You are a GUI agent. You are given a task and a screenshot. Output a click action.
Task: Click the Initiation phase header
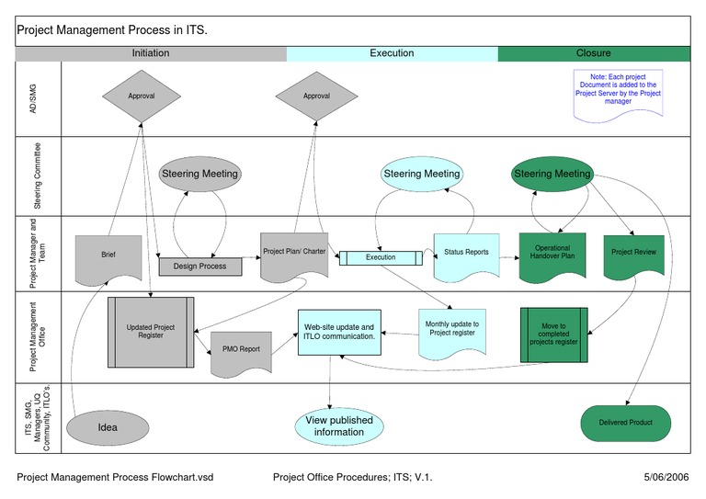(151, 53)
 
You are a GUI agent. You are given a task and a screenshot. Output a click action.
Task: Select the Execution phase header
(392, 53)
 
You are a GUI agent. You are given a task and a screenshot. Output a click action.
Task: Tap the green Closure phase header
(593, 53)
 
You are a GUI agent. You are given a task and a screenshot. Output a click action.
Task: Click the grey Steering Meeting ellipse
(199, 174)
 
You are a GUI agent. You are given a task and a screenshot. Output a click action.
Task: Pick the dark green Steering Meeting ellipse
(552, 174)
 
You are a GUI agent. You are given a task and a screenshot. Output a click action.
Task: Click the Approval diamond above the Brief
(142, 96)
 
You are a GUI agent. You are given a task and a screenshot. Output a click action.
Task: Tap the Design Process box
(199, 267)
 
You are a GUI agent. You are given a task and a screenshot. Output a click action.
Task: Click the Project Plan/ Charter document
(294, 255)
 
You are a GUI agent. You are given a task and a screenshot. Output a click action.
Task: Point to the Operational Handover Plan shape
(552, 254)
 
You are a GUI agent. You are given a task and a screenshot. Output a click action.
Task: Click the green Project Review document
(634, 254)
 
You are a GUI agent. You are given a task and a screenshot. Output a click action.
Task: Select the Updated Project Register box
(151, 330)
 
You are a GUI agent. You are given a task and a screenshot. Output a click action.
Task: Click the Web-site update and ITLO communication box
(338, 332)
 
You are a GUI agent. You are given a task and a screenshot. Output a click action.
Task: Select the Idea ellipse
(108, 427)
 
